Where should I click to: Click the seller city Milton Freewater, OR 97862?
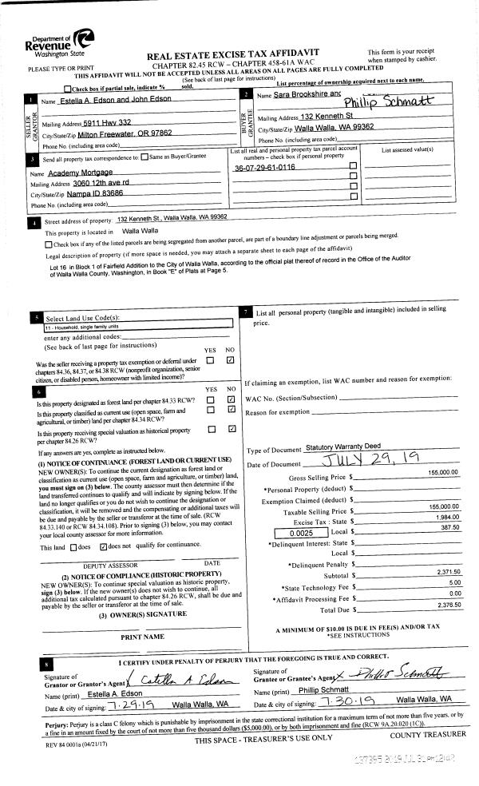[x=121, y=133]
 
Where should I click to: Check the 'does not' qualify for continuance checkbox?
[x=103, y=546]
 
